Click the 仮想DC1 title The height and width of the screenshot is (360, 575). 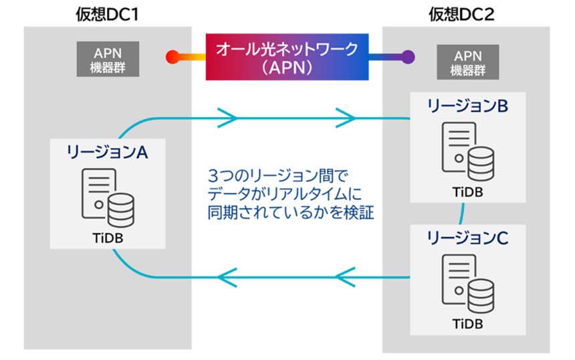point(107,13)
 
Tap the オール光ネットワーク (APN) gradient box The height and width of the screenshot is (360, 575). point(287,57)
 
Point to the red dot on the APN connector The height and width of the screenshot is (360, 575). point(172,56)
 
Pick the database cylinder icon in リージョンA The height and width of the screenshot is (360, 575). point(120,208)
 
